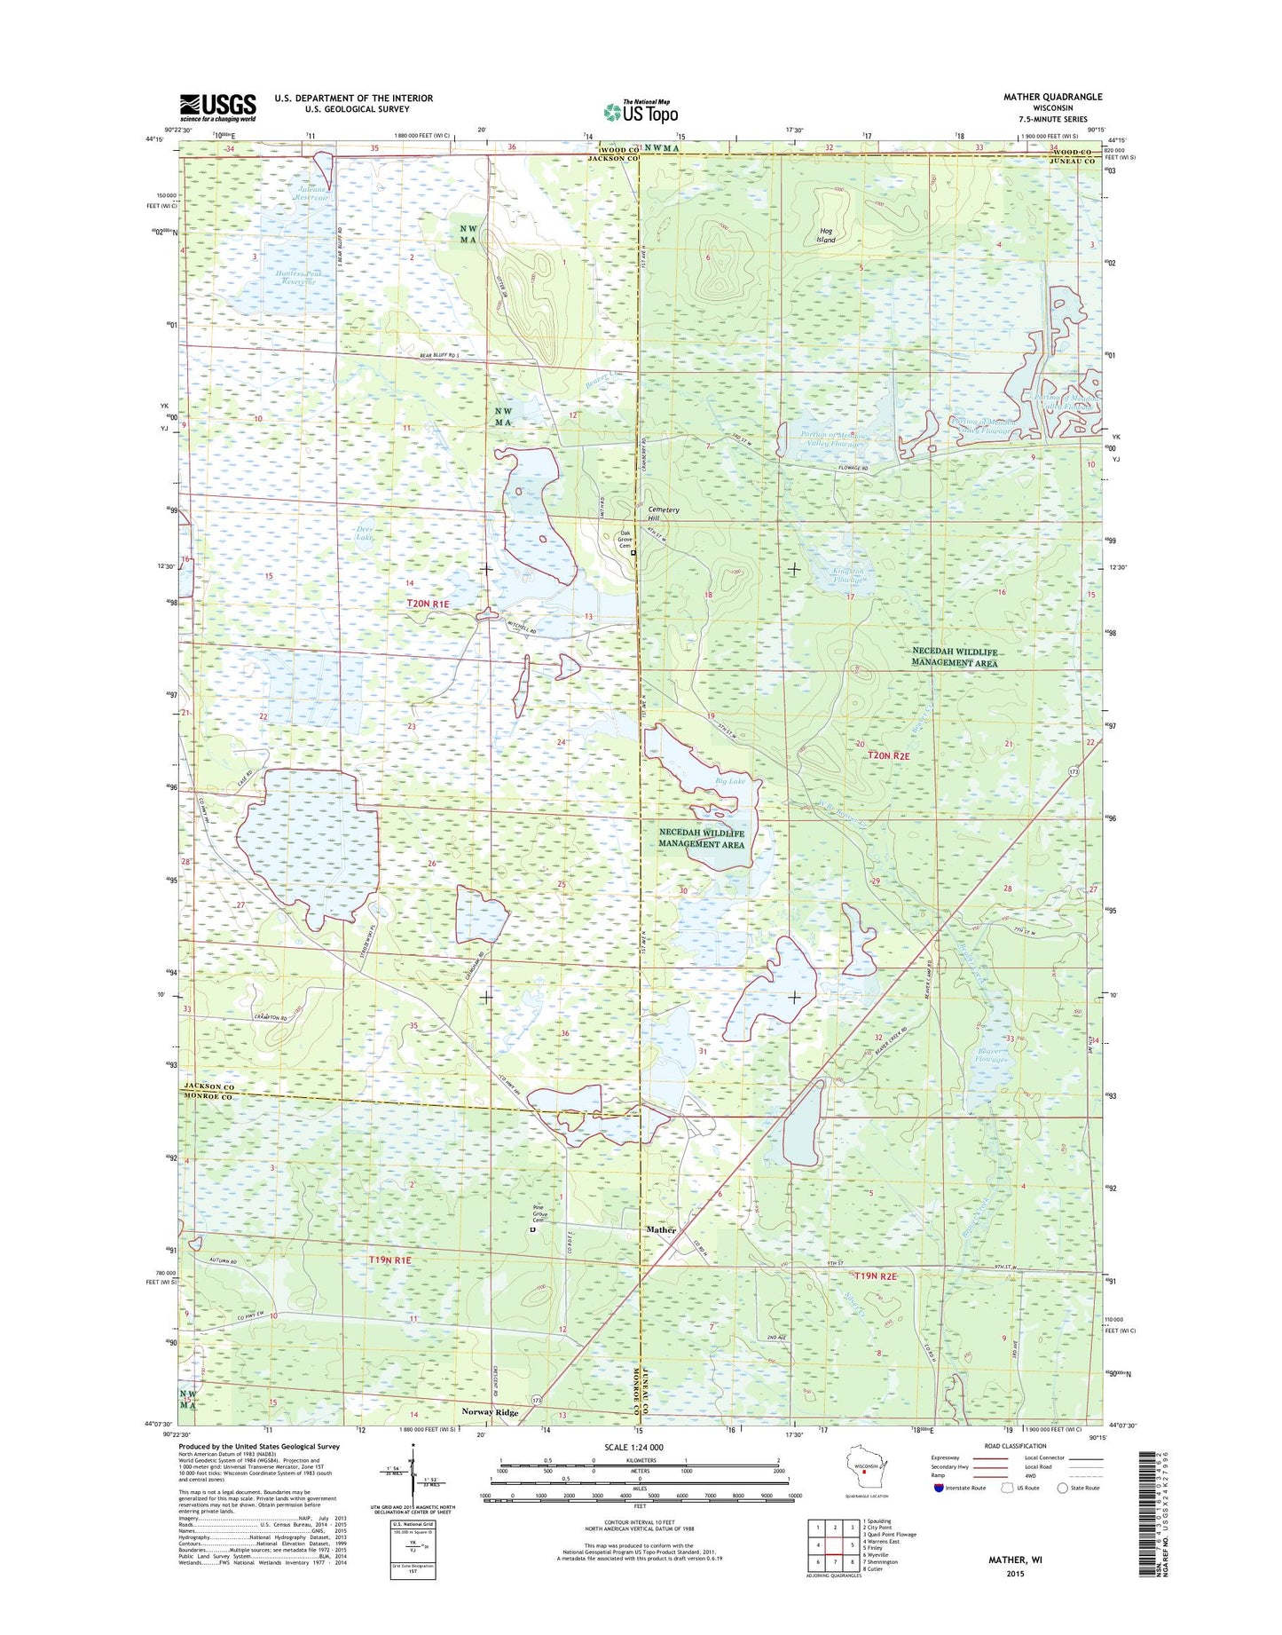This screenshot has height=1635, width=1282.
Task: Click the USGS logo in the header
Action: tap(217, 107)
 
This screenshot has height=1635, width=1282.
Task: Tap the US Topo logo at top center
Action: tap(641, 111)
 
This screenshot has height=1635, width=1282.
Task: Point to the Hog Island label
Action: tap(826, 235)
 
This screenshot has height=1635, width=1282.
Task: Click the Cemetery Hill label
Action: tap(663, 514)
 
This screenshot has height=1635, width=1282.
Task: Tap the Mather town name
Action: tap(661, 1230)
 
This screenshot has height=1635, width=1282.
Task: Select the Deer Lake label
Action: tap(364, 533)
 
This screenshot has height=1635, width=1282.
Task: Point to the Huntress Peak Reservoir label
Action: tap(297, 279)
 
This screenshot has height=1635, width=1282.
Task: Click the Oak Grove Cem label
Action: tap(625, 539)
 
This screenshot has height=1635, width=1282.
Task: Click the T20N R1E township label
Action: tap(422, 604)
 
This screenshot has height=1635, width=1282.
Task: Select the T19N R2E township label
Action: tap(876, 1276)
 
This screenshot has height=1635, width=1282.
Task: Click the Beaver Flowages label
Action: tap(991, 1055)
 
